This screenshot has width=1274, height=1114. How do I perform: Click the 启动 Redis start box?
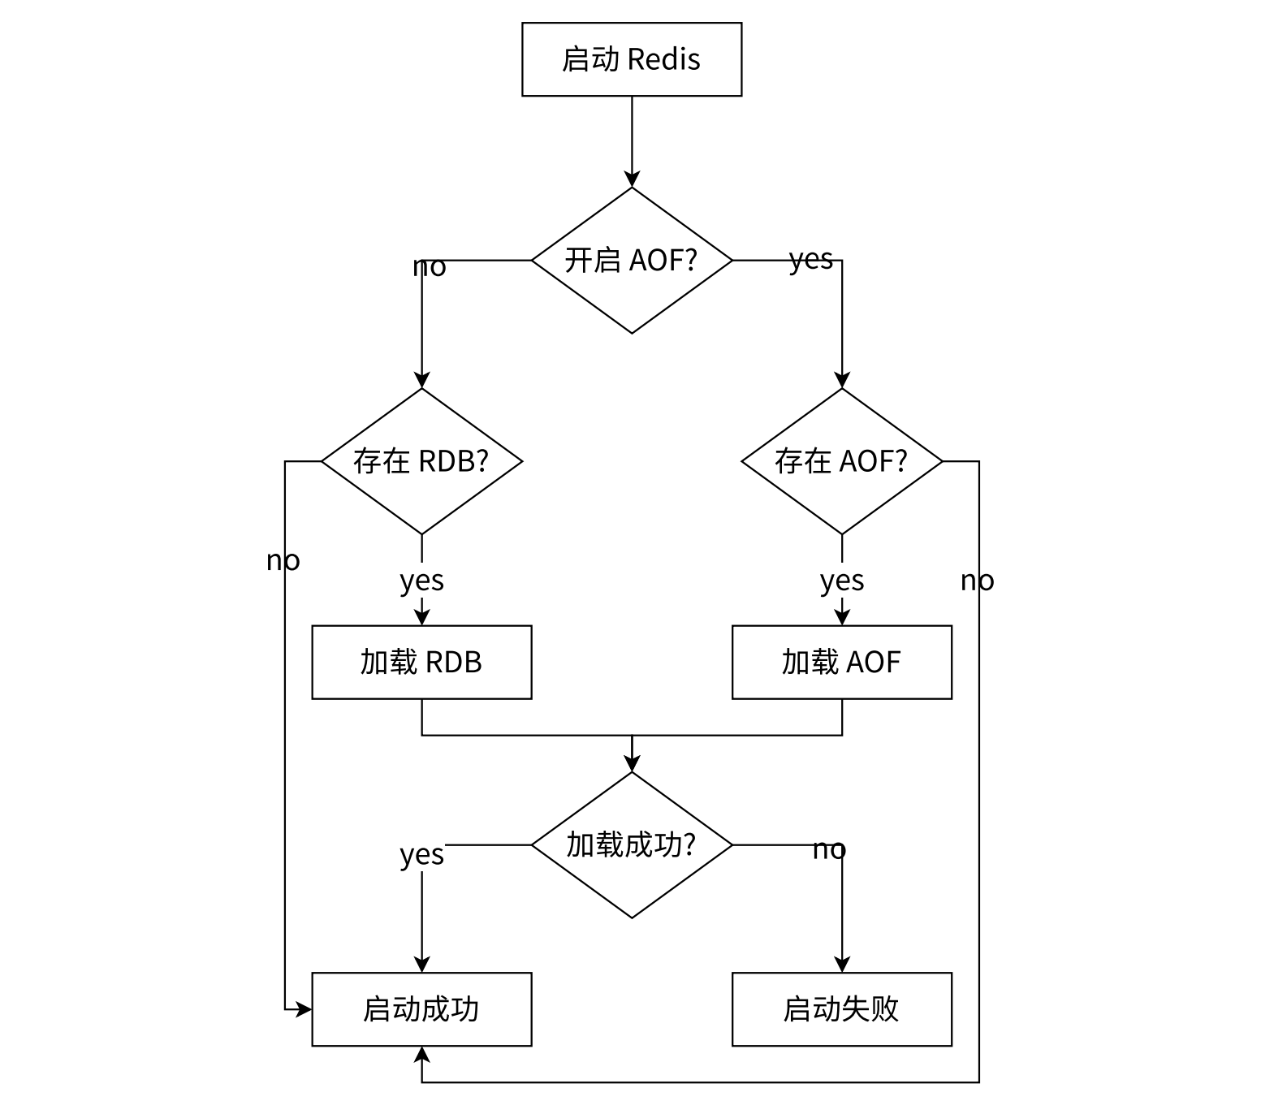(x=631, y=59)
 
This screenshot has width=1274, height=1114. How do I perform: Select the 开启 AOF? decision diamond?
(x=631, y=260)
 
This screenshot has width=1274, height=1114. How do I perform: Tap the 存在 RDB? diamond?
(x=421, y=461)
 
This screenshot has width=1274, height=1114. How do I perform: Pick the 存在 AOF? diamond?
(x=841, y=461)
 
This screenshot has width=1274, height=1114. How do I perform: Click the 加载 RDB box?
(x=421, y=662)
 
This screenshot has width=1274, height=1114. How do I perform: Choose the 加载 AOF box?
(x=841, y=662)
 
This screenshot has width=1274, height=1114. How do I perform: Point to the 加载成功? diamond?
(x=631, y=844)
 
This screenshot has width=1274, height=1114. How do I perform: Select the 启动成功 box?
(x=421, y=1009)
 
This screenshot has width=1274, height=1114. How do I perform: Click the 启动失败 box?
(x=841, y=1009)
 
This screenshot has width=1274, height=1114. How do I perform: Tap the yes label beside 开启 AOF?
(x=811, y=260)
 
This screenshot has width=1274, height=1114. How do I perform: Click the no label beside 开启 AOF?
(x=430, y=266)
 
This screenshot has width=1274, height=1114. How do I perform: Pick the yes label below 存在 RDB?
(x=421, y=581)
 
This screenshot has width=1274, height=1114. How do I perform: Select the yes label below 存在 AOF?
(x=841, y=581)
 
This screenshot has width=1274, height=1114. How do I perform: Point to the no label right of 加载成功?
(x=829, y=849)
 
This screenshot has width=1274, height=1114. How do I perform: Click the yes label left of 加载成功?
(x=421, y=854)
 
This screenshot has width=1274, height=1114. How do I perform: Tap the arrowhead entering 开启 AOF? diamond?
(x=632, y=179)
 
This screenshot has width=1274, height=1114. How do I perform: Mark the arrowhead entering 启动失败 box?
(x=842, y=965)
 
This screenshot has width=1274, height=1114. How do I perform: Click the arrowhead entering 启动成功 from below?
(x=421, y=1055)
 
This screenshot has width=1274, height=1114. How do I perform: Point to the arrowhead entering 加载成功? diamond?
(x=632, y=763)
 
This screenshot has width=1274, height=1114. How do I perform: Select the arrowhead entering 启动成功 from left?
(x=304, y=1010)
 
